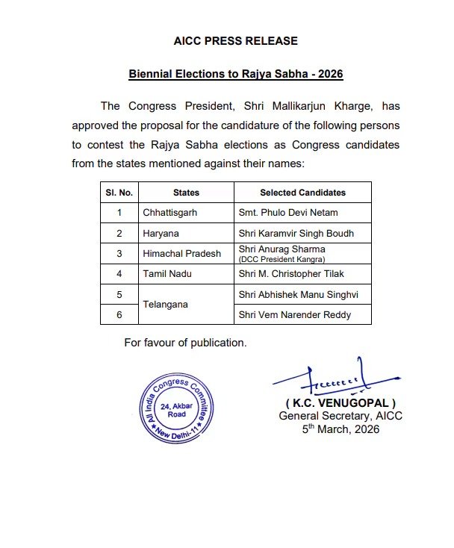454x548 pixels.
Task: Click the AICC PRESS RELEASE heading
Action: [x=235, y=41]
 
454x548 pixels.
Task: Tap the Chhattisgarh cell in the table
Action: [x=170, y=213]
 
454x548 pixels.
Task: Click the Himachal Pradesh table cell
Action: [x=182, y=253]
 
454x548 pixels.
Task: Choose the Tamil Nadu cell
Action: [x=167, y=274]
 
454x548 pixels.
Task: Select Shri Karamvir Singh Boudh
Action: [x=295, y=233]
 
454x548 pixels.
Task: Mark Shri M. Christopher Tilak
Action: [x=290, y=274]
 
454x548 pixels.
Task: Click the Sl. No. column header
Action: [x=119, y=193]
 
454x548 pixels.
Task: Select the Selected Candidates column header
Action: [x=302, y=193]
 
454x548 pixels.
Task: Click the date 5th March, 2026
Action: [x=340, y=429]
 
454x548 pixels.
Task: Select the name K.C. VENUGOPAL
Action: [x=340, y=403]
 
